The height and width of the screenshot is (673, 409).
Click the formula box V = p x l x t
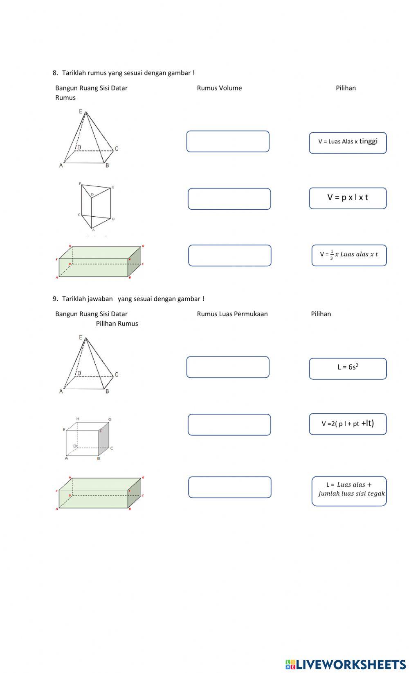pyautogui.click(x=348, y=198)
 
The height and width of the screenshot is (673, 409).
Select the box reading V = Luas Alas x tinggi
pyautogui.click(x=348, y=143)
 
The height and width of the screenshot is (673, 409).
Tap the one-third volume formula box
pyautogui.click(x=349, y=255)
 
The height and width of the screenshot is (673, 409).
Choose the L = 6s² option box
pyautogui.click(x=348, y=369)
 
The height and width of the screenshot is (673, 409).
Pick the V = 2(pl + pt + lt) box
pyautogui.click(x=348, y=424)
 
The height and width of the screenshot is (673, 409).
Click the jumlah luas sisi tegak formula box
pyautogui.click(x=349, y=491)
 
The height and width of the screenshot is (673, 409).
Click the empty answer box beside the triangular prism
pyautogui.click(x=229, y=199)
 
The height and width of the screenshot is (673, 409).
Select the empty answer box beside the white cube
pyautogui.click(x=229, y=424)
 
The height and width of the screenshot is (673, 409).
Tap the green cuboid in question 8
pyautogui.click(x=99, y=262)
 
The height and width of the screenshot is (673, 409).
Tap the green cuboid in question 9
pyautogui.click(x=99, y=493)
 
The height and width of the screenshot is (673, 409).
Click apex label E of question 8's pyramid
pyautogui.click(x=81, y=111)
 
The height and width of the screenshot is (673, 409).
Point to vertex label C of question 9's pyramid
pyautogui.click(x=117, y=374)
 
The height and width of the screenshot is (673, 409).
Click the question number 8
pyautogui.click(x=55, y=73)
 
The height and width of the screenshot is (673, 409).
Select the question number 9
pyautogui.click(x=55, y=299)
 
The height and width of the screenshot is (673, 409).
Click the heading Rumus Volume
pyautogui.click(x=219, y=88)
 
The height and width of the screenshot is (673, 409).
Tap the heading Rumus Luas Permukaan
pyautogui.click(x=232, y=314)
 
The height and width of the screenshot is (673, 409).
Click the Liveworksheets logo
pyautogui.click(x=346, y=664)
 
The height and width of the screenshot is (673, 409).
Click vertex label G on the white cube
pyautogui.click(x=110, y=419)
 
